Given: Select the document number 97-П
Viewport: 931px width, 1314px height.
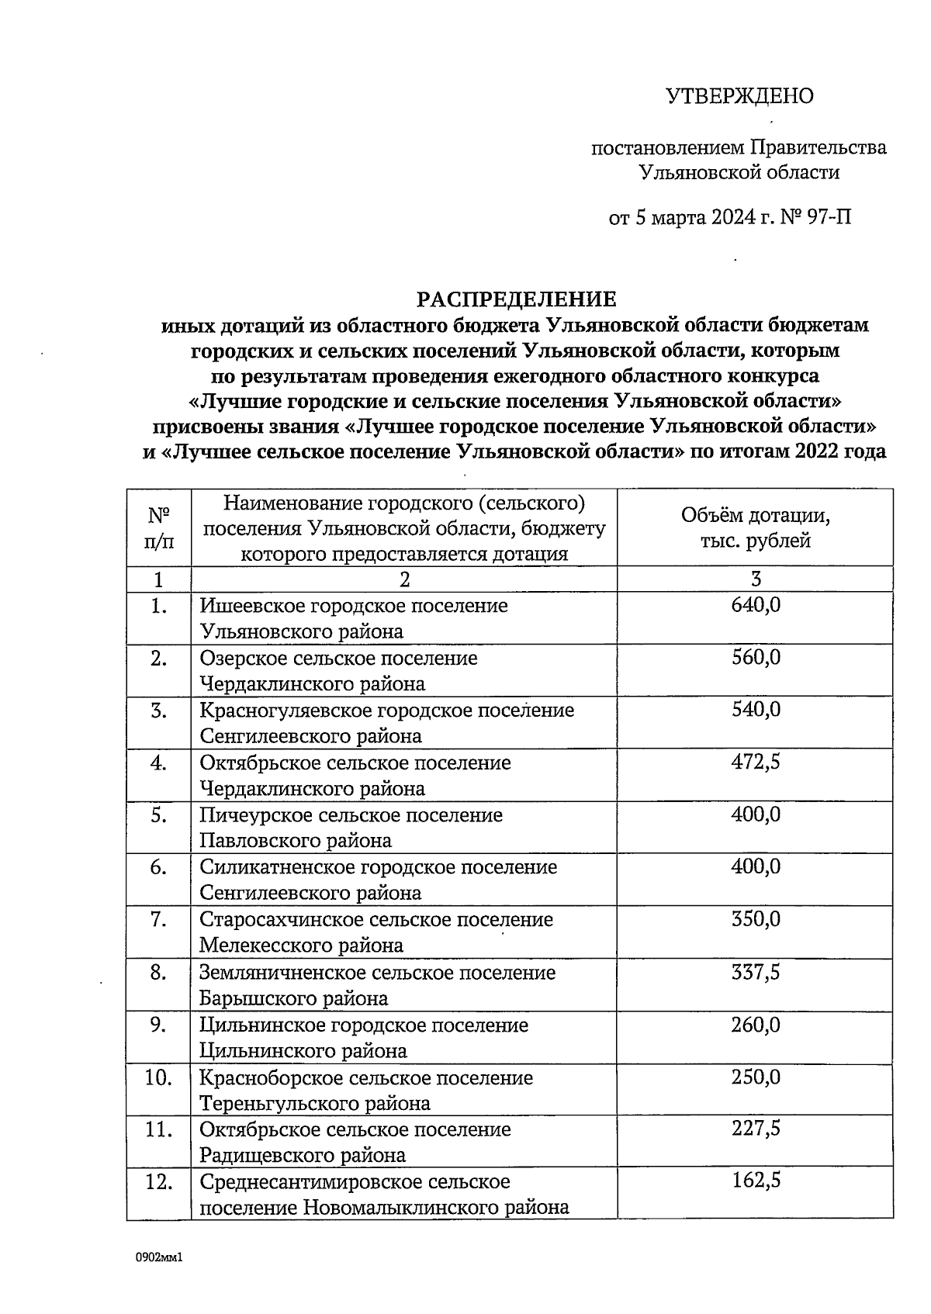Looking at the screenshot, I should tap(829, 217).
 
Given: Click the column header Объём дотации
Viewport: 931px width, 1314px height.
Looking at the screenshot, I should tap(755, 516).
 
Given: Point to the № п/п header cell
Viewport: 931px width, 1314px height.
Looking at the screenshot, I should tap(158, 527).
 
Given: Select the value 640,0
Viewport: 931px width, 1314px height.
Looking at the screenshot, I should tap(756, 605).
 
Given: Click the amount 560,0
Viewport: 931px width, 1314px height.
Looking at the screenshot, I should tap(756, 658).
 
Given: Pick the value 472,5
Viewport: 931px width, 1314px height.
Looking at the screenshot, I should tap(756, 762).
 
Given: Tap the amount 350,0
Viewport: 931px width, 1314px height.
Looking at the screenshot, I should tap(756, 920).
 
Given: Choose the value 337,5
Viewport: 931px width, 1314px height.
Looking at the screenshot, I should tap(756, 972).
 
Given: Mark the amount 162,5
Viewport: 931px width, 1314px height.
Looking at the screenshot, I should tap(756, 1181).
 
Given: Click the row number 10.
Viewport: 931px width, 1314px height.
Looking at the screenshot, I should tap(158, 1077).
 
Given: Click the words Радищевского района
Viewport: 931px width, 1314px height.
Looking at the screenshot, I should tap(303, 1156).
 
